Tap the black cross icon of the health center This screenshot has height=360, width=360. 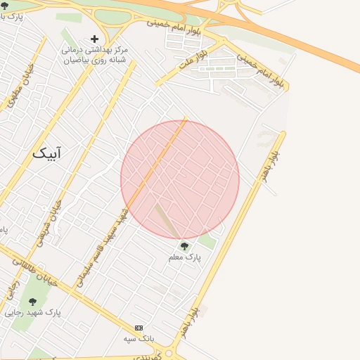click(x=95, y=39)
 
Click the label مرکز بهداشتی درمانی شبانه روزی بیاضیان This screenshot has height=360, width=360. click(x=95, y=55)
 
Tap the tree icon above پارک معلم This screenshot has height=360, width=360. click(x=185, y=246)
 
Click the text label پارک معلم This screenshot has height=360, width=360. click(x=185, y=258)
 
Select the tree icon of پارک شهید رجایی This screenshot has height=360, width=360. click(x=32, y=302)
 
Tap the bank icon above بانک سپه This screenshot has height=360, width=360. click(x=139, y=328)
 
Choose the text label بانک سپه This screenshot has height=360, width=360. click(x=139, y=338)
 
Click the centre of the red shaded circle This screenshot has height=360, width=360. click(x=180, y=179)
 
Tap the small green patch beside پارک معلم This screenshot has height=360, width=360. click(x=207, y=241)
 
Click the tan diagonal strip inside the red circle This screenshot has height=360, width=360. click(x=167, y=220)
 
